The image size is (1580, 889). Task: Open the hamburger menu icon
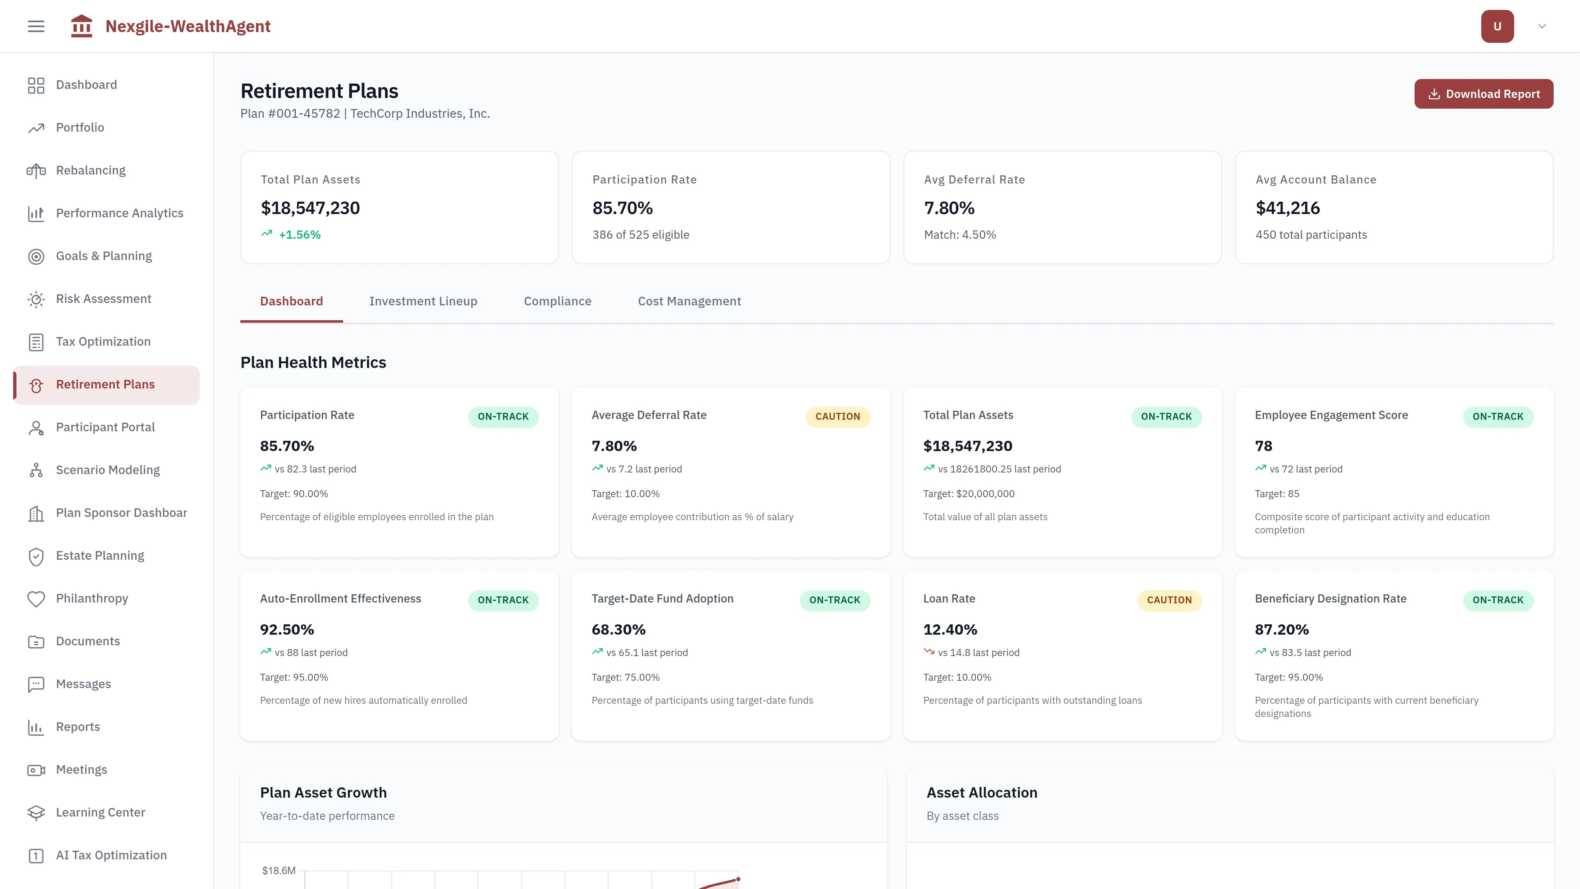[36, 26]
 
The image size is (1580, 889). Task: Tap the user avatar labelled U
[1496, 26]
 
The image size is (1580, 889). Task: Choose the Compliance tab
[557, 301]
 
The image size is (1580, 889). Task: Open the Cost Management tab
[689, 301]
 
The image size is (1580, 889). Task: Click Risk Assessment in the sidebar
[103, 299]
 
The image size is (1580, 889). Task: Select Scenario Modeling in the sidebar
[107, 470]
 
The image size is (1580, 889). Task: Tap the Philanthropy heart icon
[36, 599]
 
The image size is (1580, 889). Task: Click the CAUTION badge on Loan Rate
[1169, 600]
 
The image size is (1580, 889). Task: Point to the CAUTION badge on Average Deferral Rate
[837, 417]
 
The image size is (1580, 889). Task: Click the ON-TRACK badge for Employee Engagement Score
[1497, 417]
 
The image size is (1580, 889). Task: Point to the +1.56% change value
[299, 235]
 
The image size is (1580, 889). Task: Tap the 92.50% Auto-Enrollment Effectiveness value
[286, 629]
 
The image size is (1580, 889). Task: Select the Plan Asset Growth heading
[323, 793]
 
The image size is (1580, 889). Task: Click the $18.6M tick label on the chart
[279, 870]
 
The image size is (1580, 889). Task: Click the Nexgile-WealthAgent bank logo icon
[81, 26]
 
